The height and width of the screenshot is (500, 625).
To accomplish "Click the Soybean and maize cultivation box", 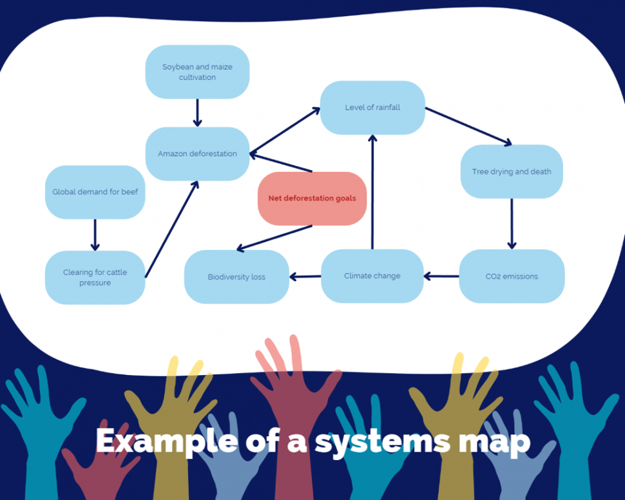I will [197, 72].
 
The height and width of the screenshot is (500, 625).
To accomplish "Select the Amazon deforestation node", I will [197, 154].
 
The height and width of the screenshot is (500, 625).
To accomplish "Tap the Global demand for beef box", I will [95, 192].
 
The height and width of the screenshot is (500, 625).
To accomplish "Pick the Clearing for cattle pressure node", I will [95, 278].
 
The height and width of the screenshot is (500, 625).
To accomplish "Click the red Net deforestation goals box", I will [312, 198].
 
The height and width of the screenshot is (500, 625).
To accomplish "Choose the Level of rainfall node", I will [372, 108].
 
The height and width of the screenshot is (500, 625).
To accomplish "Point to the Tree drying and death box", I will [512, 172].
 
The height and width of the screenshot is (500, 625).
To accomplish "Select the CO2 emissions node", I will [512, 276].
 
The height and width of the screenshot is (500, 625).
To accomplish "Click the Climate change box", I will [372, 276].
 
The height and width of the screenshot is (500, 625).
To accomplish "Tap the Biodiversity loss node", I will [236, 277].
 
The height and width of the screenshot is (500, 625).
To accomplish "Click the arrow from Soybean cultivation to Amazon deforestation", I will [198, 113].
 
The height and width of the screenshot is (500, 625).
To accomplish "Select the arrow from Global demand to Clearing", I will [95, 235].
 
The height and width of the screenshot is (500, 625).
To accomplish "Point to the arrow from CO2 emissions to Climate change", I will [441, 276].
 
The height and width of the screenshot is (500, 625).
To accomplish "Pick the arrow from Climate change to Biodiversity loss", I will [305, 277].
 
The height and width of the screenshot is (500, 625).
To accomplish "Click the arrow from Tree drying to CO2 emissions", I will [512, 224].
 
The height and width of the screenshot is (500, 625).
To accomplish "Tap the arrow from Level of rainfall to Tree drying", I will [468, 126].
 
